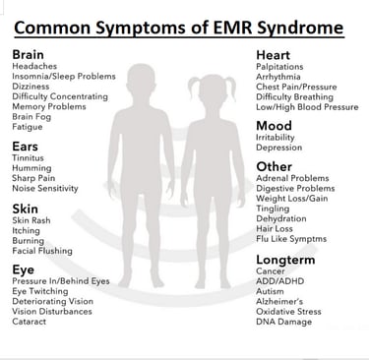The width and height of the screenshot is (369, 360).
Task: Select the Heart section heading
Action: pos(274,54)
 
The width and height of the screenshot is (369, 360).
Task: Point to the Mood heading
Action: pos(274,126)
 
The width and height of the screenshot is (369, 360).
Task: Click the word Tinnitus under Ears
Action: pos(28,158)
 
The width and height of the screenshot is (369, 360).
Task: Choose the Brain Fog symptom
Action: pos(31,114)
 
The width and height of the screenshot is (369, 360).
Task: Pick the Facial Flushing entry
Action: pos(42,250)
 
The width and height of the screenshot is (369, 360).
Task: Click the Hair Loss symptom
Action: pos(275,226)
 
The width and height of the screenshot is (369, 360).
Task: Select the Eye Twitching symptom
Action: pos(39,290)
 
